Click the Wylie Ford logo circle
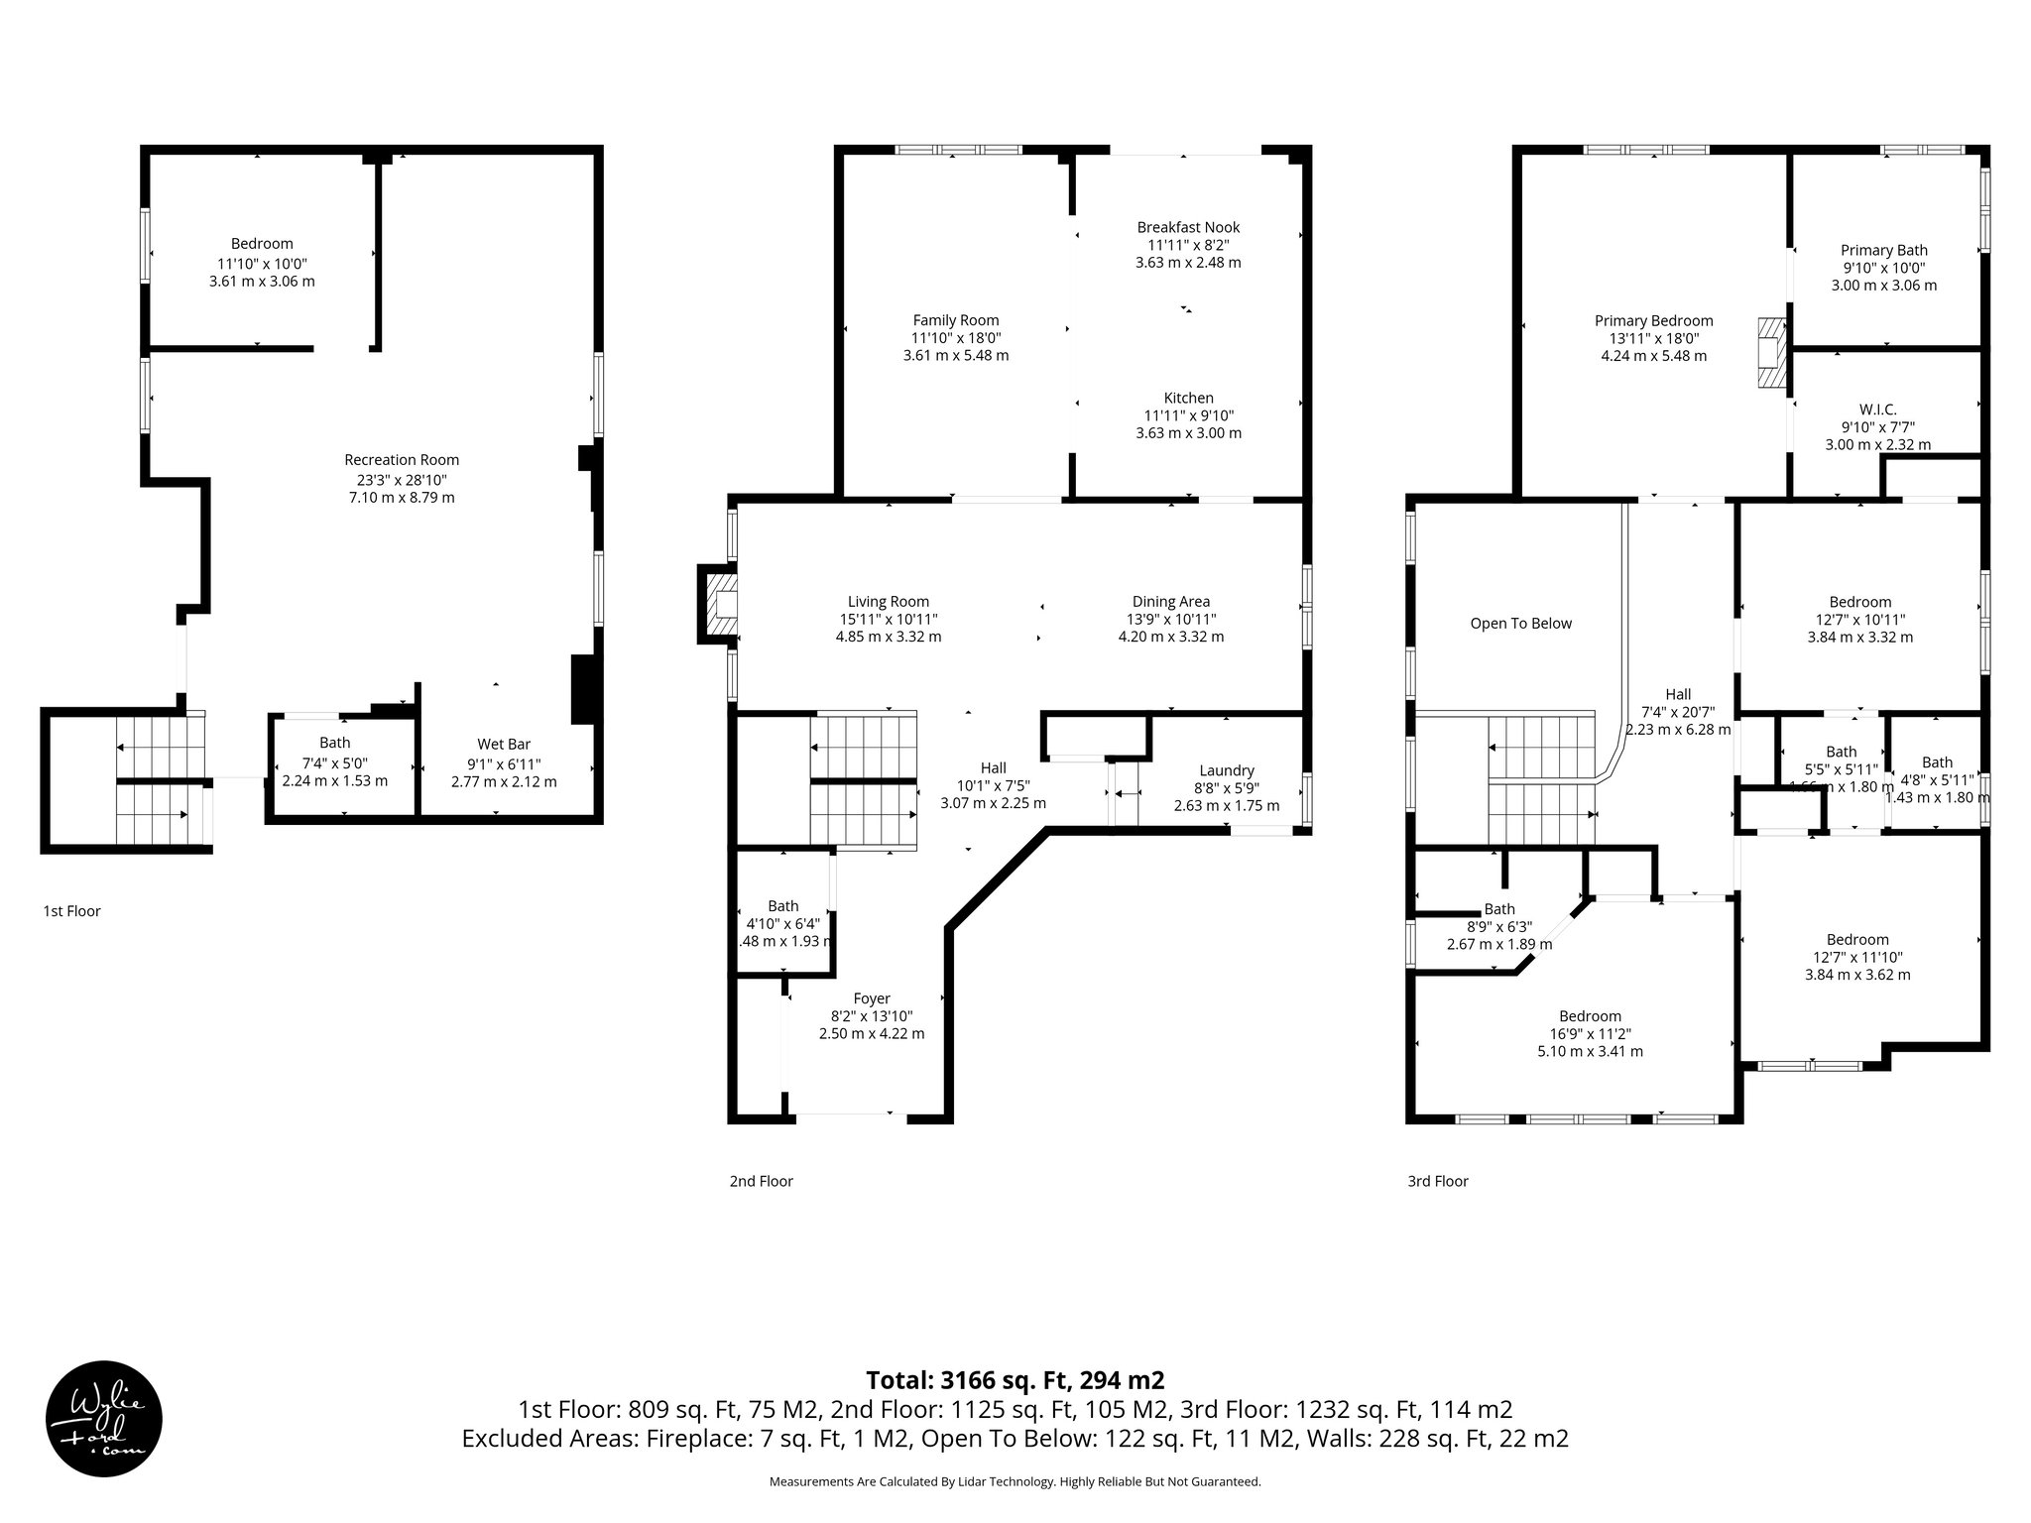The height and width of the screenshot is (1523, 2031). pos(104,1417)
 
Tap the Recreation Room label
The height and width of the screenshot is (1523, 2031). pos(402,460)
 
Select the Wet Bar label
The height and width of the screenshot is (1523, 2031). pos(504,745)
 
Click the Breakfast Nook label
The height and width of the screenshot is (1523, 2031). pos(1188,227)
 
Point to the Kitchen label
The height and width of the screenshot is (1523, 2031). pos(1188,398)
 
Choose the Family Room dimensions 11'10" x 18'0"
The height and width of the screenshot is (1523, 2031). pos(956,338)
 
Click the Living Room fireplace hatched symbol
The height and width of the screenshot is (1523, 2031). pos(718,603)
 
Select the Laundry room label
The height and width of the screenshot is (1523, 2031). pos(1227,770)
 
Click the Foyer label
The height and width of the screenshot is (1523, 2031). pos(872,998)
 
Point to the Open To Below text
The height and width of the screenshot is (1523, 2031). pos(1520,624)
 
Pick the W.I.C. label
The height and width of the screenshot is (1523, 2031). pos(1877,410)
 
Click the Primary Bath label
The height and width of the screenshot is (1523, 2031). pos(1883,251)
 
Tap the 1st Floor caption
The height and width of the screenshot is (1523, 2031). pos(71,911)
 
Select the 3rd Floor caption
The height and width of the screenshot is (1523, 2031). pos(1437,1181)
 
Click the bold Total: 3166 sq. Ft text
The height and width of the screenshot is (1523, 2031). pos(1015,1380)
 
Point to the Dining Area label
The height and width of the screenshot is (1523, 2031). pos(1170,602)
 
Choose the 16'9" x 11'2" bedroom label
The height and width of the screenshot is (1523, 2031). pos(1590,1034)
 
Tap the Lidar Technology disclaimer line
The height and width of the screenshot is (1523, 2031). pos(1015,1482)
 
